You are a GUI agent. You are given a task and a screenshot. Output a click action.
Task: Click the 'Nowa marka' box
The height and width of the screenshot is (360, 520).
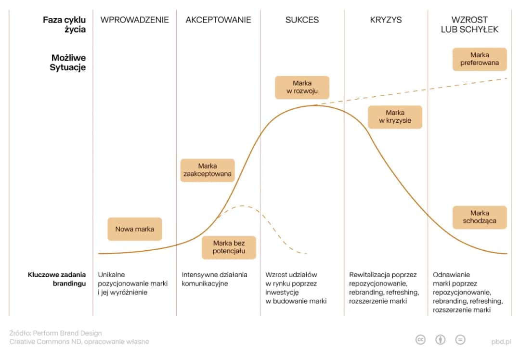tap(135, 229)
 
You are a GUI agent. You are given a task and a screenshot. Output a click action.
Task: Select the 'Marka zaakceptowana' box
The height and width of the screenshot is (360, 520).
tap(208, 170)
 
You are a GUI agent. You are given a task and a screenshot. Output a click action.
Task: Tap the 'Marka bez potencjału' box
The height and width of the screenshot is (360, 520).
tap(229, 247)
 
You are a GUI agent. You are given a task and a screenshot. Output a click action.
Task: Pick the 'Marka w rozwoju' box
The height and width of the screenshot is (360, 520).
tap(302, 88)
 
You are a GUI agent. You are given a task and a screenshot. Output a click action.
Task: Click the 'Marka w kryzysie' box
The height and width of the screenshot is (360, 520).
tap(395, 117)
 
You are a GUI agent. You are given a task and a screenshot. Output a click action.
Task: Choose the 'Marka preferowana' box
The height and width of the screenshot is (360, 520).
tap(480, 59)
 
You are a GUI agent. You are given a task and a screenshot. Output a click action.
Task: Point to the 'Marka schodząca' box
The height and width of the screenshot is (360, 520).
tap(480, 217)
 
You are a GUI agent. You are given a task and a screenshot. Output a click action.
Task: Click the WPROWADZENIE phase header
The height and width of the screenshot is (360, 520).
tap(134, 20)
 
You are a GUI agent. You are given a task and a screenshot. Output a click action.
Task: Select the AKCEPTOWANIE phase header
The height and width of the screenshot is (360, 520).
tap(218, 20)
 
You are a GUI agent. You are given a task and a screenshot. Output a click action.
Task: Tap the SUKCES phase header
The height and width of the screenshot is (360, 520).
tap(302, 20)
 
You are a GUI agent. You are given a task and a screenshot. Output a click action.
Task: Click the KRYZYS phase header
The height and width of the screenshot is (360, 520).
tap(386, 20)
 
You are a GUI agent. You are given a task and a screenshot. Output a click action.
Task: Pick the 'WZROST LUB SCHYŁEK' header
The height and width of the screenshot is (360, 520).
tap(469, 25)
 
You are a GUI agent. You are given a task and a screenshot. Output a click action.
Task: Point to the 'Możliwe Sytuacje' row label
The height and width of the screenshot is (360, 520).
tap(68, 63)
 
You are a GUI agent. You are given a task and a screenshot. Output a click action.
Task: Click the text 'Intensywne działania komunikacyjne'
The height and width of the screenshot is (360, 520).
tap(214, 279)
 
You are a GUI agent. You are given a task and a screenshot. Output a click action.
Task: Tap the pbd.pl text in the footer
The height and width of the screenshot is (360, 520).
tap(501, 341)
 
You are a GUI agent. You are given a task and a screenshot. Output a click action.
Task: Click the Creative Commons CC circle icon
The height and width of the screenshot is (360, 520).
tap(420, 340)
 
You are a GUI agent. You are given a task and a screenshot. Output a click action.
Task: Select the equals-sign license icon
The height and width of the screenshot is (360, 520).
tap(460, 340)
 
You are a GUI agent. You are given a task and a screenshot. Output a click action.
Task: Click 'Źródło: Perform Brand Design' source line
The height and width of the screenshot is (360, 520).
tap(55, 333)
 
